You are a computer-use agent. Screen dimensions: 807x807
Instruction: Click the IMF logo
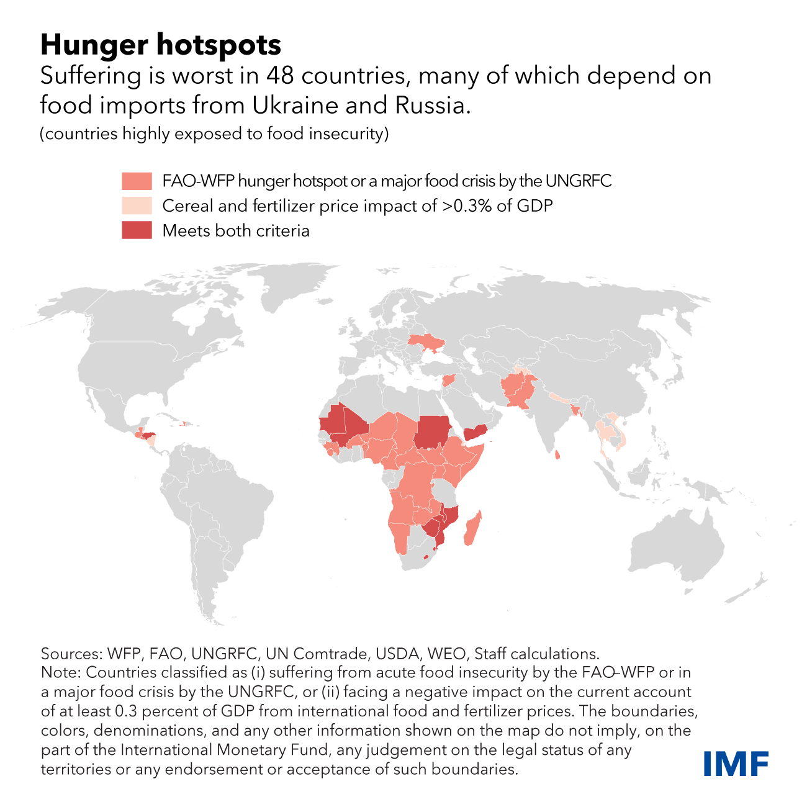(736, 763)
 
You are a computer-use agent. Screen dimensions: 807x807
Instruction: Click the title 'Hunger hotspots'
(160, 45)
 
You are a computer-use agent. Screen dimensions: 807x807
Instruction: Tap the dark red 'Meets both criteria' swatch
(137, 230)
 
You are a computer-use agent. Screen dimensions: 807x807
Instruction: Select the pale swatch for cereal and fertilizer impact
(137, 205)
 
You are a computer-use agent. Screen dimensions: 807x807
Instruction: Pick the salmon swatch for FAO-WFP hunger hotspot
(137, 181)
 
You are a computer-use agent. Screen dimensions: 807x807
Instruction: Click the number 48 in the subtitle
(280, 76)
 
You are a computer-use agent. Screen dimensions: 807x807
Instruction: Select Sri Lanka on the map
(557, 455)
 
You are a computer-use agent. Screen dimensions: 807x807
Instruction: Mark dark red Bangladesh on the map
(573, 410)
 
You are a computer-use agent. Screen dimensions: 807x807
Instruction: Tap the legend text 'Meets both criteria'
(236, 231)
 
